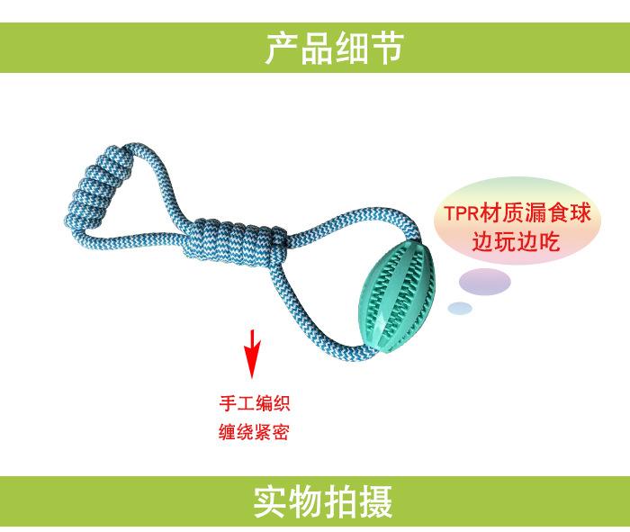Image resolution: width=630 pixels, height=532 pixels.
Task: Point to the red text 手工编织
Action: click(255, 402)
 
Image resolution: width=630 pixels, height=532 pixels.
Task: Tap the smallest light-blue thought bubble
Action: click(460, 309)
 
